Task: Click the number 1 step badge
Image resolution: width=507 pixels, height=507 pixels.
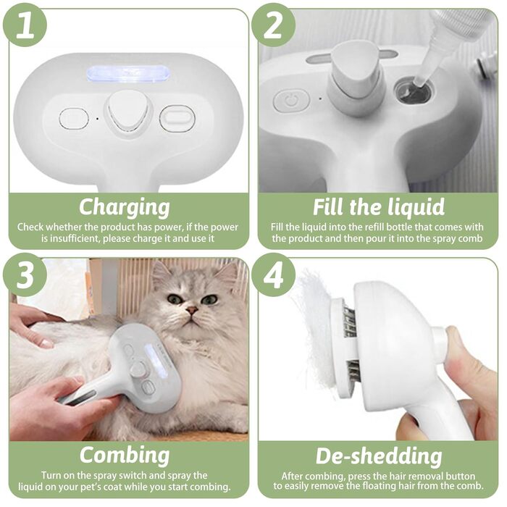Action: (25, 25)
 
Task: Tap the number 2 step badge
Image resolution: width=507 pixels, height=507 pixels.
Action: (273, 25)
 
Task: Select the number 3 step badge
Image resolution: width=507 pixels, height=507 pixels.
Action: (25, 275)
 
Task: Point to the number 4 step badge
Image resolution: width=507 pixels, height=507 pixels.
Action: (273, 275)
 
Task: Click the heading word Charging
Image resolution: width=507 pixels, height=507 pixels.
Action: (125, 207)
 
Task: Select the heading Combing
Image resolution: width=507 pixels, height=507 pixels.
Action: (125, 456)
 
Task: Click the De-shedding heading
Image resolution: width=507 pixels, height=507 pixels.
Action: (379, 456)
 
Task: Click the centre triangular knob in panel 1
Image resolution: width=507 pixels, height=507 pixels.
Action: (127, 112)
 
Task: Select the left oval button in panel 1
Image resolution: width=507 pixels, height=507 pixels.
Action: (74, 119)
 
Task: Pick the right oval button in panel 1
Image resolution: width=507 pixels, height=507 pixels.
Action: (177, 118)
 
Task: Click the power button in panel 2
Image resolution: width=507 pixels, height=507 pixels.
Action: (291, 101)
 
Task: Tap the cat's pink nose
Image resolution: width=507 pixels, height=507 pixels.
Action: (192, 311)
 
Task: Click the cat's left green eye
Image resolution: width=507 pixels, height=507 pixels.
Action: (175, 298)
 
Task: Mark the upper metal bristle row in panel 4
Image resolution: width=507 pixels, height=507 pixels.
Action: (350, 321)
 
